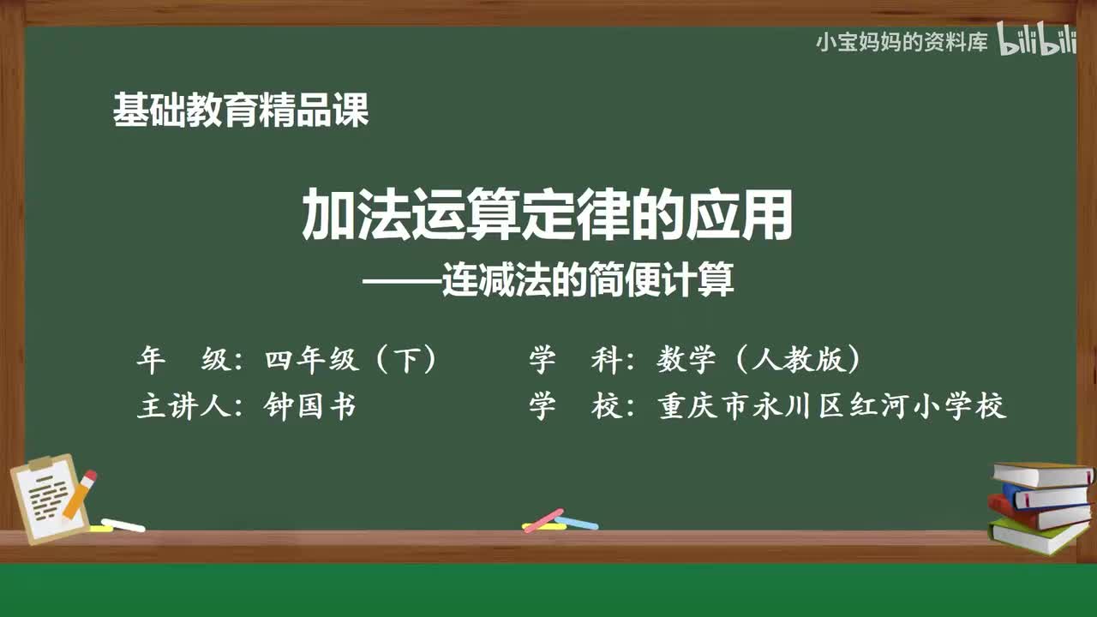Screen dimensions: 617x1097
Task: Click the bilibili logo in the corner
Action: coord(1036,40)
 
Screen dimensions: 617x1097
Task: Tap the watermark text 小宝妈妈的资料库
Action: coord(902,41)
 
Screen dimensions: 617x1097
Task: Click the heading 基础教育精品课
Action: coord(241,111)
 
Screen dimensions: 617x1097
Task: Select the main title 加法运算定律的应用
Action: coord(548,217)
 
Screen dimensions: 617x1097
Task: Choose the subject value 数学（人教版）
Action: coord(758,361)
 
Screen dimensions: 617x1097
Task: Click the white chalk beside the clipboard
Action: coord(123,524)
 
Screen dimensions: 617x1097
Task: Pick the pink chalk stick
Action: coord(543,519)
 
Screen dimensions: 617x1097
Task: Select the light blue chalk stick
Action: coord(576,522)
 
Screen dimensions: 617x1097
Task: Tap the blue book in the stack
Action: coord(1046,495)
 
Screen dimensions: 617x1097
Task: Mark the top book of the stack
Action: coord(1041,473)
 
